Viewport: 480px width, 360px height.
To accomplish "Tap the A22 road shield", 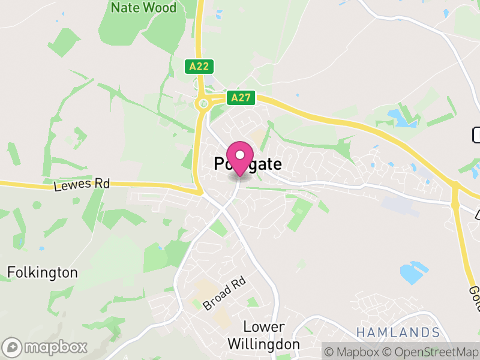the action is click(198, 67).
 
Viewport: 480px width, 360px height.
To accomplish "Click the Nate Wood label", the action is click(144, 8).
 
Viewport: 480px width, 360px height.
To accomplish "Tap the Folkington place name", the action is click(43, 273).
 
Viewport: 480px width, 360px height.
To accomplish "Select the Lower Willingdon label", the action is click(263, 336).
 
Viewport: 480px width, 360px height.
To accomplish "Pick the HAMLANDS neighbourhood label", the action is click(398, 332).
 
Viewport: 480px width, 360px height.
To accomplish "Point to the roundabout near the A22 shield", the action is click(203, 104).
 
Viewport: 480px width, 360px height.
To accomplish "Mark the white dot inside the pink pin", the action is click(240, 155).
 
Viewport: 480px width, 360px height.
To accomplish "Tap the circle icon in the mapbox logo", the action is click(13, 347).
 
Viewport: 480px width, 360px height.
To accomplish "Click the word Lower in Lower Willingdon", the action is click(264, 328).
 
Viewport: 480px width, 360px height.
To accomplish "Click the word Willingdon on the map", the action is click(263, 344).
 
